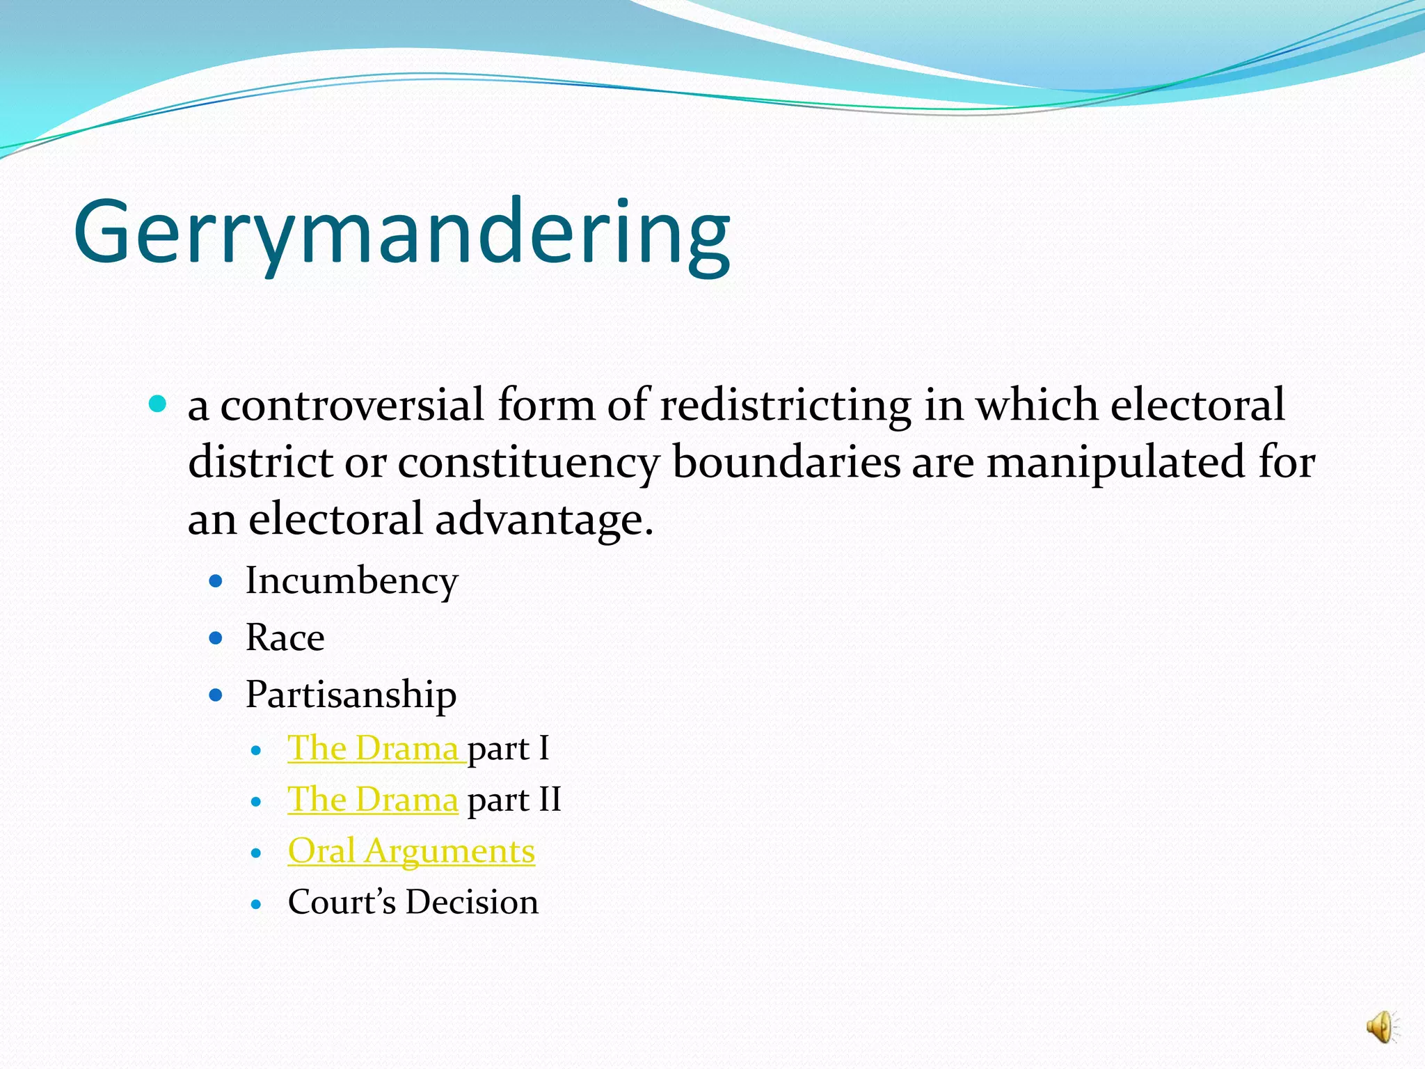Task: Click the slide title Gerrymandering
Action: [x=401, y=232]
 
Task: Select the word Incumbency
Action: [x=351, y=580]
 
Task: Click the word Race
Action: [x=285, y=638]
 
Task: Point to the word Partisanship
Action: [x=351, y=695]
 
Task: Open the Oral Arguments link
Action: [x=411, y=850]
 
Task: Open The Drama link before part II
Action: [x=373, y=800]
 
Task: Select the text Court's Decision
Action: [x=413, y=902]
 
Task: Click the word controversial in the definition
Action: [x=352, y=405]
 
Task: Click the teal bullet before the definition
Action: [x=159, y=404]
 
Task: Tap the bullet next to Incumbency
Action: [x=216, y=580]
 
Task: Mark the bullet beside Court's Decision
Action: [x=257, y=904]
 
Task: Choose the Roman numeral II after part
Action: [x=550, y=800]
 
